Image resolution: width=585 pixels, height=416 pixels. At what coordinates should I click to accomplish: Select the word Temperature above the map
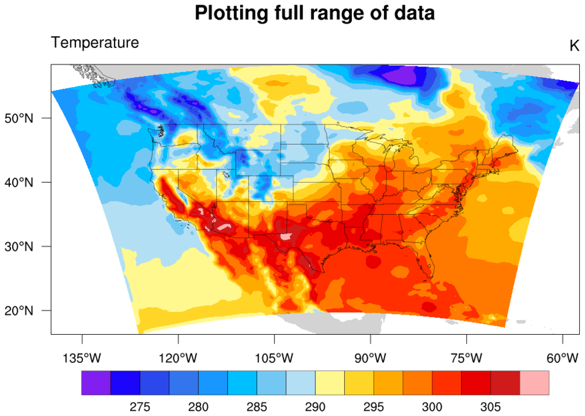[95, 43]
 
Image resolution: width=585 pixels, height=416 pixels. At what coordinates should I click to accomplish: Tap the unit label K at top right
[573, 46]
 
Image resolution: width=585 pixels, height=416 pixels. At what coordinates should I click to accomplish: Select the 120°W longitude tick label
[178, 358]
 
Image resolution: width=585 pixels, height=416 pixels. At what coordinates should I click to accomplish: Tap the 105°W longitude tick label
[274, 358]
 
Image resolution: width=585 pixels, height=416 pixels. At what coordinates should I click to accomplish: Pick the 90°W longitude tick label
[370, 358]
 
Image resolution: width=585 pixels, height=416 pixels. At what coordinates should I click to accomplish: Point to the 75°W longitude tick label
[466, 358]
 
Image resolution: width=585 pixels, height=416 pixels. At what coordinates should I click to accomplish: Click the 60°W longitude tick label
[562, 358]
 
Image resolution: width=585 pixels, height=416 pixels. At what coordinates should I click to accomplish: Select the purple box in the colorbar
[96, 383]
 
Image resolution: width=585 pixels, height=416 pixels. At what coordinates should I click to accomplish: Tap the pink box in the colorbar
[534, 383]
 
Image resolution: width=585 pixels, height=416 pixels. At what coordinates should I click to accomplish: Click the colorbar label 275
[140, 407]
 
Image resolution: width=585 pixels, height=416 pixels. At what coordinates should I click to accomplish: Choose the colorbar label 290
[315, 407]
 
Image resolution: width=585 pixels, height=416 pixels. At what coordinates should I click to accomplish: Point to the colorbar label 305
[491, 407]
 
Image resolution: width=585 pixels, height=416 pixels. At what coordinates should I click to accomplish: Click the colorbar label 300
[432, 407]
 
